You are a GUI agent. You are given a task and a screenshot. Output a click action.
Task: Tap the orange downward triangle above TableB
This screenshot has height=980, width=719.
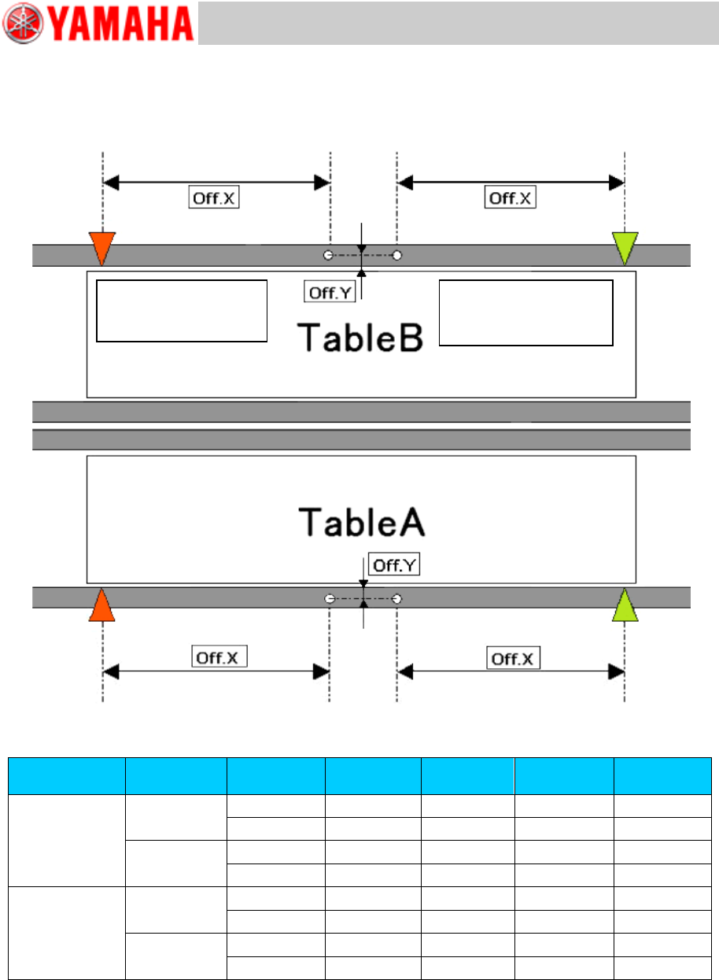103,246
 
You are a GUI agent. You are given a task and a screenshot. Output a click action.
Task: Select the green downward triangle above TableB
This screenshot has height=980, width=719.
625,246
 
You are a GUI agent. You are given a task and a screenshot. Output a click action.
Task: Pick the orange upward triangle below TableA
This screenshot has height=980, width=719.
103,605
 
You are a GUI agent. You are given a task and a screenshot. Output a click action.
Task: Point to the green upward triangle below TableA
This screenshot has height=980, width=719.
625,605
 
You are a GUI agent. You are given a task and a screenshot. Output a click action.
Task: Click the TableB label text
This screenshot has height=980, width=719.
361,337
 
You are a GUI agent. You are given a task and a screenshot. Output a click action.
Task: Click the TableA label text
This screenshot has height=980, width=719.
361,521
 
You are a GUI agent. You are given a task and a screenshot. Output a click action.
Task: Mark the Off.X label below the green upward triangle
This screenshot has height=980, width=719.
514,657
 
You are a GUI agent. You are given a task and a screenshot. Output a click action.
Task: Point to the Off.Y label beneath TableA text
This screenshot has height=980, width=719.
394,564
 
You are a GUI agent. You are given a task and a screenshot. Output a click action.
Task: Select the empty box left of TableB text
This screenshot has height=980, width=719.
182,310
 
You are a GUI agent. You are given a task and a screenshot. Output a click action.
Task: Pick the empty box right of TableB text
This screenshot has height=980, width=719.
525,312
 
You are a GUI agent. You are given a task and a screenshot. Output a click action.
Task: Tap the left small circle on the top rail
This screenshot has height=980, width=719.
330,255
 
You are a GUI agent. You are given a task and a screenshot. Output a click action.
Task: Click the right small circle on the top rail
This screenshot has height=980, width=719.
398,255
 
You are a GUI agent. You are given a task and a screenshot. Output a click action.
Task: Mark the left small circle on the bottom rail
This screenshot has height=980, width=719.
330,599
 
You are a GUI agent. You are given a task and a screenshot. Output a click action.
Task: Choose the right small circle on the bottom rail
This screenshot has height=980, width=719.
398,599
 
